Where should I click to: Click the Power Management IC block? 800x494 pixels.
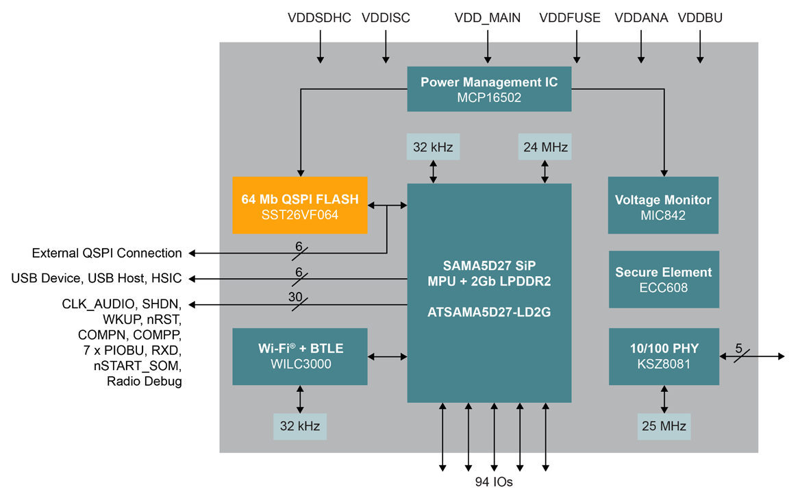tap(489, 89)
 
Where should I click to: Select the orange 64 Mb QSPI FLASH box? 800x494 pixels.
tap(300, 206)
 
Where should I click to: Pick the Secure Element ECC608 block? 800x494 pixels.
tap(663, 279)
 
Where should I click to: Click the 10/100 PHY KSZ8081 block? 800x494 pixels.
tap(663, 356)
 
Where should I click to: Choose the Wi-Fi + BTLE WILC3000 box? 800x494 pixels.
tap(300, 356)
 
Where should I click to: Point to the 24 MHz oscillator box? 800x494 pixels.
tap(545, 147)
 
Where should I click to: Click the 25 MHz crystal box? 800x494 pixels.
tap(663, 426)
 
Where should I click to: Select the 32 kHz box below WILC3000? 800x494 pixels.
tap(299, 426)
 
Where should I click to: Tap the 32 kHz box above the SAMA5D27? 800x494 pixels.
tap(433, 147)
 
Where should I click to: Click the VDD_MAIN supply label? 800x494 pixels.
tap(488, 18)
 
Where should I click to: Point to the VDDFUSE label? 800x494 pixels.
tap(570, 18)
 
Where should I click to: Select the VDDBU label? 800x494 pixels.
tap(700, 18)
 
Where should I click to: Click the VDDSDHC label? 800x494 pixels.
tap(320, 18)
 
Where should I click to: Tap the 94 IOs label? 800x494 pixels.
tap(493, 482)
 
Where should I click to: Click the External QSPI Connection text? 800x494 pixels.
tap(107, 254)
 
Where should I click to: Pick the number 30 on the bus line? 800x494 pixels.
tap(295, 296)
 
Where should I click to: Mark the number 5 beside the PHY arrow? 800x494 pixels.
tap(738, 348)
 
